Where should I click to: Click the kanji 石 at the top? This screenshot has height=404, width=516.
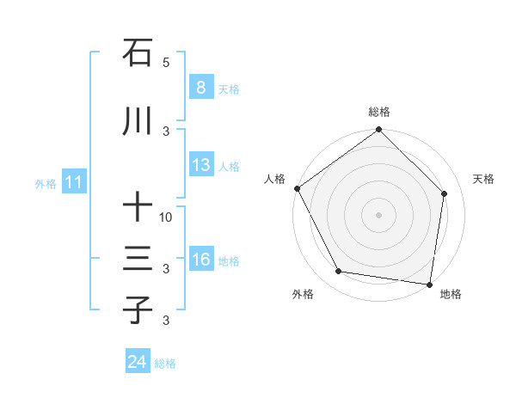(138, 53)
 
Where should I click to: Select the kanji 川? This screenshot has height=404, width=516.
(138, 122)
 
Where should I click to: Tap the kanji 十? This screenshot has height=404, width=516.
(138, 207)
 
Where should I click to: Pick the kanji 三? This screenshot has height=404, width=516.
(138, 259)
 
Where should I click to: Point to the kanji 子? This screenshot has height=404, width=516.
(138, 309)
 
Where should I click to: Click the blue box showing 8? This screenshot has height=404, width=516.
(200, 88)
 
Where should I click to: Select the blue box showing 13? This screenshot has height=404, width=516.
(200, 165)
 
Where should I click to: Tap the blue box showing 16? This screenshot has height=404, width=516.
(200, 260)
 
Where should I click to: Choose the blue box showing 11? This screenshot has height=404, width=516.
(73, 182)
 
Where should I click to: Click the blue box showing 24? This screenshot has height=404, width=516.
(137, 363)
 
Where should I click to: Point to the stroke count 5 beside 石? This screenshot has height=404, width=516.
(167, 63)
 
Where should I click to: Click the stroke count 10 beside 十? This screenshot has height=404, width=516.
(167, 217)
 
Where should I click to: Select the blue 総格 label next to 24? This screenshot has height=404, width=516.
(165, 364)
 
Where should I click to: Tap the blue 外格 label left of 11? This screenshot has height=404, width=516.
(46, 183)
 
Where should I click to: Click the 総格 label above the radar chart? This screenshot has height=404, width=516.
(379, 112)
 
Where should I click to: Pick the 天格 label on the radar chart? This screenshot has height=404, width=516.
(483, 179)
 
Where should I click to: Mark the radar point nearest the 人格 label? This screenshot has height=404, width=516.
(298, 188)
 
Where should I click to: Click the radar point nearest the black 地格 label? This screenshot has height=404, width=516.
(429, 284)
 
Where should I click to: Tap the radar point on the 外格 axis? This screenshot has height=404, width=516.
(339, 272)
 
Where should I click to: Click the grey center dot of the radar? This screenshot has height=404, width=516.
(379, 214)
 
